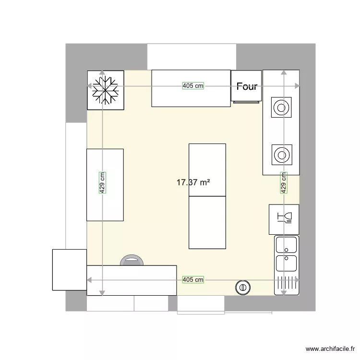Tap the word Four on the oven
[247, 87]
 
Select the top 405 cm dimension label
[193, 86]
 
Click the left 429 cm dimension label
[103, 183]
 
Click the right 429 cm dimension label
[284, 183]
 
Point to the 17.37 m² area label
[194, 182]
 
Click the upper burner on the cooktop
[281, 108]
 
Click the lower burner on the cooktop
[281, 155]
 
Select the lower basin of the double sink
[286, 263]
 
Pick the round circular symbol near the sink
[243, 287]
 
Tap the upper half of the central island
[207, 169]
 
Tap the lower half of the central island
[207, 222]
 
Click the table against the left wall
[105, 184]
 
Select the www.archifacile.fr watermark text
[331, 349]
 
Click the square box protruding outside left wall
[69, 269]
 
